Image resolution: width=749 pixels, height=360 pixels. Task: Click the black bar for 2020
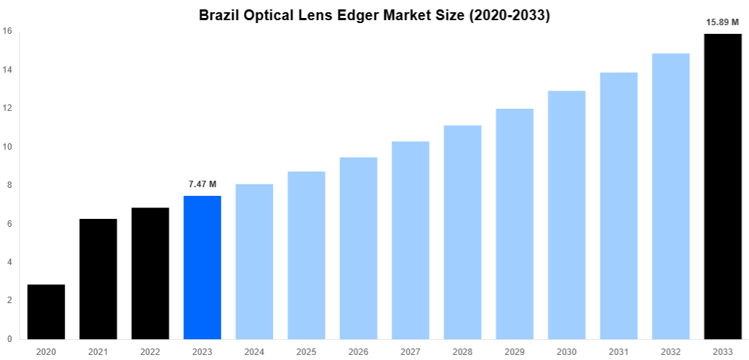46,311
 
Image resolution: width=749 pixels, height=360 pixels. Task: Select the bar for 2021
98,279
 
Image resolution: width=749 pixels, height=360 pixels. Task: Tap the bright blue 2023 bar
202,267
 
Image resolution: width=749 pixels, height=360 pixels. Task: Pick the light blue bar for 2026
359,248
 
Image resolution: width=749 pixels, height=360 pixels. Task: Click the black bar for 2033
722,186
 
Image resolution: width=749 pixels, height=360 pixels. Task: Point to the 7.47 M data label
202,185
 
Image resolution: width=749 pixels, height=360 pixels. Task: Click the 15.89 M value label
722,22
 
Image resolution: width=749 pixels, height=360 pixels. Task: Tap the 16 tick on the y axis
7,31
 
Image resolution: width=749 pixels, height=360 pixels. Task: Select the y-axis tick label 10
7,147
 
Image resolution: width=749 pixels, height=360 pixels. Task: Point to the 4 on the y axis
8,262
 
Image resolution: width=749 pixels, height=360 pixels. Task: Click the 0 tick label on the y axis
8,339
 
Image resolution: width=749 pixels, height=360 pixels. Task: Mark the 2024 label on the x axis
254,351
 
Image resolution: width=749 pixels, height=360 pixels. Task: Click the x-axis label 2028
462,351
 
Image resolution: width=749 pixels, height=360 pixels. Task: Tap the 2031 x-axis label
619,351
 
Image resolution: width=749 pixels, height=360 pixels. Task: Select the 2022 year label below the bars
150,351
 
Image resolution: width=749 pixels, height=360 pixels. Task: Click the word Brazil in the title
220,15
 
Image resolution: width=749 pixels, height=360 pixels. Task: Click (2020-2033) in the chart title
509,15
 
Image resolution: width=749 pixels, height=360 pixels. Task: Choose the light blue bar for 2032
670,196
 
